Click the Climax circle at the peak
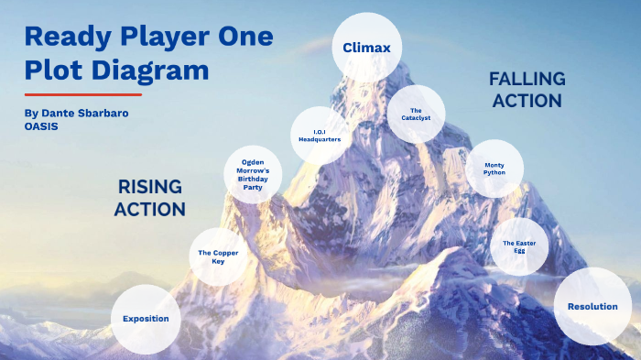[x=366, y=47]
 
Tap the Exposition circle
[x=146, y=319]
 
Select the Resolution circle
[x=592, y=307]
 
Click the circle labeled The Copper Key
[x=218, y=256]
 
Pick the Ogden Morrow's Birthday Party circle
[x=253, y=172]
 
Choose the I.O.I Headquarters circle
[x=320, y=136]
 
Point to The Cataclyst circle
[x=416, y=115]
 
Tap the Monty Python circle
[x=494, y=169]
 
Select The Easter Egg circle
[x=519, y=245]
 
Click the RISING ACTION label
[x=150, y=198]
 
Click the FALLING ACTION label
[x=527, y=90]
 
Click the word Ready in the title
[x=65, y=37]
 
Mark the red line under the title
[x=83, y=94]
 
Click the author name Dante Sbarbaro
[x=81, y=112]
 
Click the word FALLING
[x=527, y=79]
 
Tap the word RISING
[x=150, y=187]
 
